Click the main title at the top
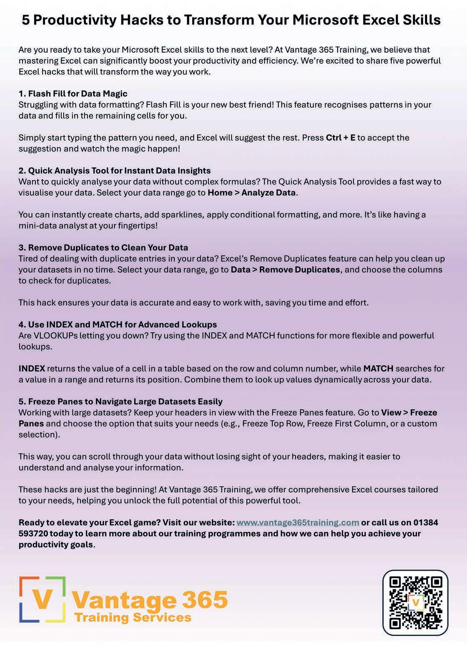pos(231,20)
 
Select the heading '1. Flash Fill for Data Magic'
pos(73,94)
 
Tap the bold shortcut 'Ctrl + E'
pos(340,138)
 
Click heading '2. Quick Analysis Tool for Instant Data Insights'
pos(114,171)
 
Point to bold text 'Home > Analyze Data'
pos(251,193)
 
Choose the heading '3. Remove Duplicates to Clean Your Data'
pos(103,248)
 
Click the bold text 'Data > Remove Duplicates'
pos(285,270)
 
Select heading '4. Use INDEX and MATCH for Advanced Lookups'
pos(118,324)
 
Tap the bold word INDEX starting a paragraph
pos(32,369)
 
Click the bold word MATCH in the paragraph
pos(378,369)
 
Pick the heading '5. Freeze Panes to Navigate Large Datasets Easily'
pos(121,402)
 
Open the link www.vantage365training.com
pos(298,522)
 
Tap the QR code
pos(415,603)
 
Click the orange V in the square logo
pos(42,599)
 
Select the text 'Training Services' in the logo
pos(133,618)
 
